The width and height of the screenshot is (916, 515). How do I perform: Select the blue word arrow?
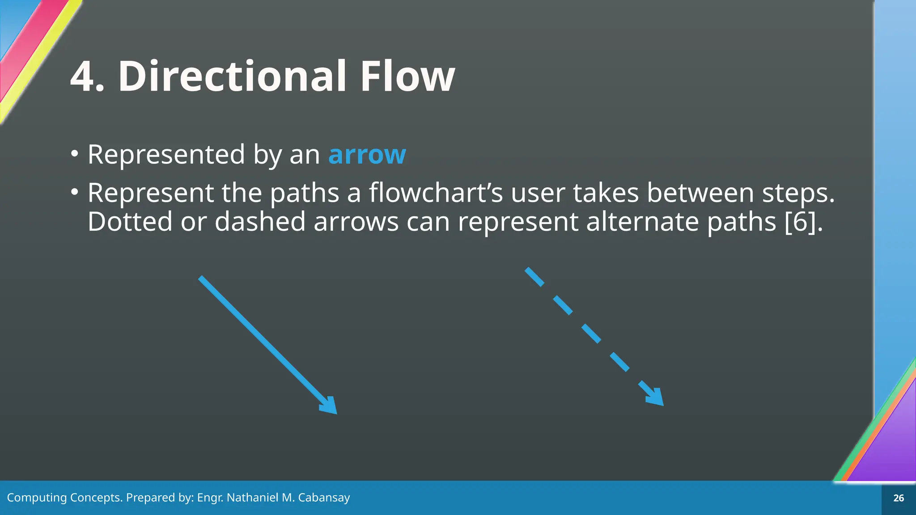point(367,155)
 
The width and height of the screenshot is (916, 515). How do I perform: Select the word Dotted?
point(130,222)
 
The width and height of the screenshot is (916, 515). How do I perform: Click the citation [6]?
point(803,222)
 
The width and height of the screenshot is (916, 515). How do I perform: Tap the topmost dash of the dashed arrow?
point(534,277)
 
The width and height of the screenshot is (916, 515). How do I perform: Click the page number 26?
point(898,498)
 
